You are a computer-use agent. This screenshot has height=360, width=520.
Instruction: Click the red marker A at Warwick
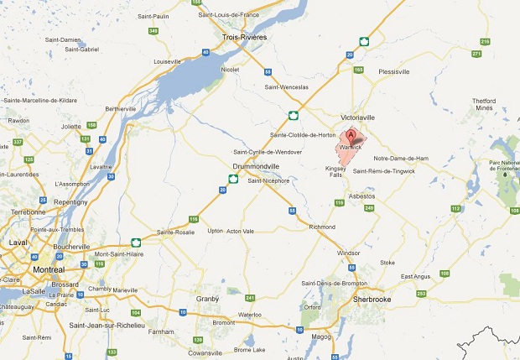click(x=351, y=137)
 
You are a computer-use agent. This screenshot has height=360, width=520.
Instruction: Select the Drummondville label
click(x=257, y=167)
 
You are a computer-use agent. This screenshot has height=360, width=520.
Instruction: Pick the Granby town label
click(x=207, y=298)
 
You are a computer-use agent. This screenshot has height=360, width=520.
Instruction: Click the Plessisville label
click(x=393, y=72)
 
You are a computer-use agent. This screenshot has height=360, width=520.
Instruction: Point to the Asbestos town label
click(x=363, y=196)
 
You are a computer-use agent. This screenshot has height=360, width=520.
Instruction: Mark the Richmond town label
click(x=321, y=227)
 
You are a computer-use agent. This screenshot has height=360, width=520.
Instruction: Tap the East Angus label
click(x=415, y=277)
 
